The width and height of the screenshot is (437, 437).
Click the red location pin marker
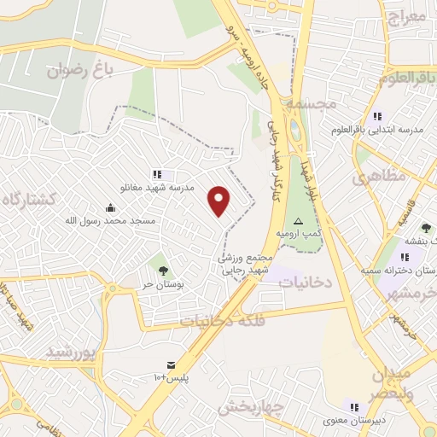point(219,201)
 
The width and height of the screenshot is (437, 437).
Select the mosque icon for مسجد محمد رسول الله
point(110,207)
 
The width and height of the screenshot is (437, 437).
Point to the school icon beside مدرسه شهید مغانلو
point(156,174)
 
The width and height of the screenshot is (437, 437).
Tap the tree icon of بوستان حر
point(162,260)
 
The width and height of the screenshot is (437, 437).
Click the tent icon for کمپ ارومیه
point(298,219)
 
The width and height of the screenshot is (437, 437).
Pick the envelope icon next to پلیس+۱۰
point(170,364)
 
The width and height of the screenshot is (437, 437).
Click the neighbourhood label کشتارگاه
point(29,199)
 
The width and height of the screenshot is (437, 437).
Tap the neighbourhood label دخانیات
point(306,279)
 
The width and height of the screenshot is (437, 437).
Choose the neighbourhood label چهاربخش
point(249,407)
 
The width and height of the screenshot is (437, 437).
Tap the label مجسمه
point(312,103)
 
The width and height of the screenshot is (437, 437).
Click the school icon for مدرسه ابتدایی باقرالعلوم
point(376,116)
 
